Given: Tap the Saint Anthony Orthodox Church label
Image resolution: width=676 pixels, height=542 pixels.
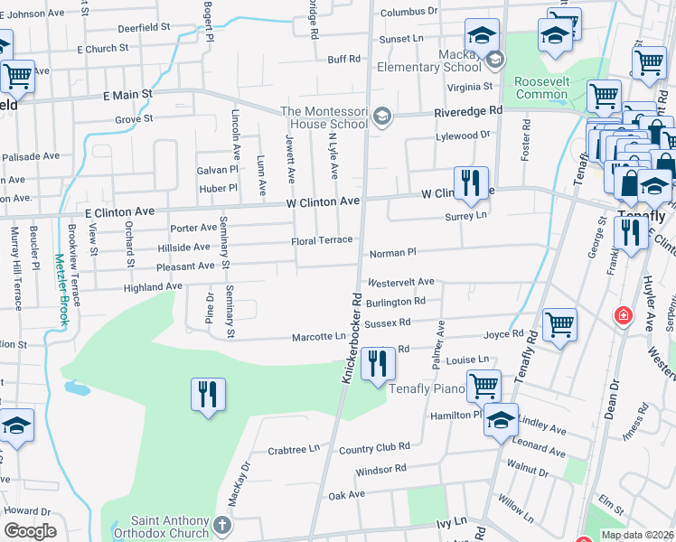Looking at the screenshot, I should tap(171, 527).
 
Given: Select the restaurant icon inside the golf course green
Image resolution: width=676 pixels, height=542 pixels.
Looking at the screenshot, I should tap(208, 394).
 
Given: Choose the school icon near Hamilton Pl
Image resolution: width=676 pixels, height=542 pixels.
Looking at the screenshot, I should tap(501, 421).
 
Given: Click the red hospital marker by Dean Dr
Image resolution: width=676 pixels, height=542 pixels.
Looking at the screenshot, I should tap(623, 316).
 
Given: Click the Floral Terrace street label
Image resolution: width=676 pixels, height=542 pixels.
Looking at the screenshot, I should tap(321, 241).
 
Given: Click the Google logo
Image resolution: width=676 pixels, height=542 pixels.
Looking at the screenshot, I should tap(30, 531).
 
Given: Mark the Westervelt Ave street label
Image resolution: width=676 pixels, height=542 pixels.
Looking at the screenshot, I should tap(401, 283).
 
